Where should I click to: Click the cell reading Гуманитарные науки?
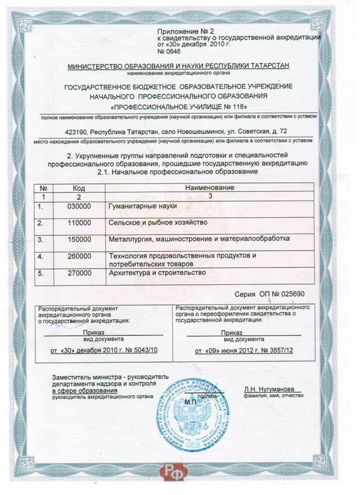point(142,206)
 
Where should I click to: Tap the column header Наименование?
point(210,188)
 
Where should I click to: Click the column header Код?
point(79,188)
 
